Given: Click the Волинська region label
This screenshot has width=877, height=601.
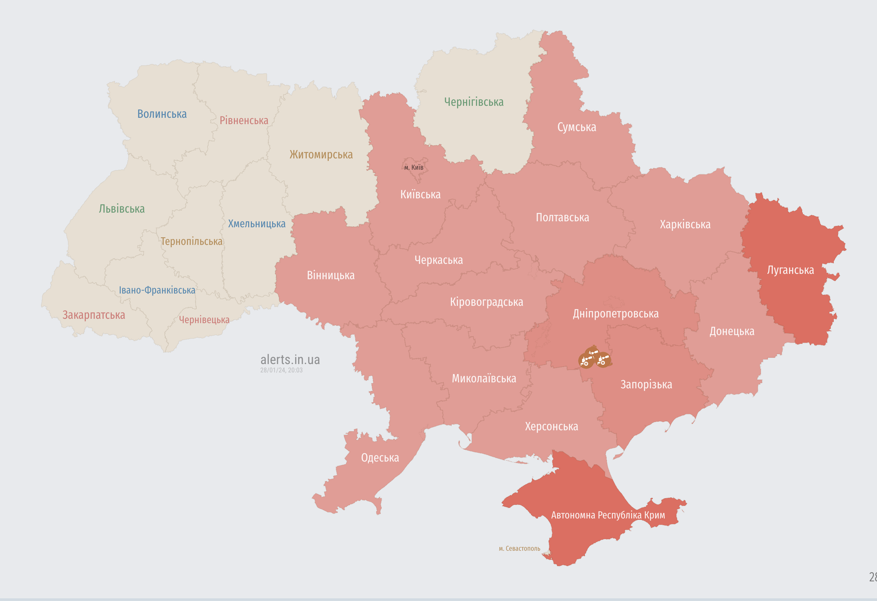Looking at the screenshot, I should pos(162,114).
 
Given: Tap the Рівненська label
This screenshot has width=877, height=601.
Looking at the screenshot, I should pos(244,120).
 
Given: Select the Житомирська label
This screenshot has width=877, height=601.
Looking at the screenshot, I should pos(321,154).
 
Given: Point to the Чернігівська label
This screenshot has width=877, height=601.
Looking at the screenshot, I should pos(473,102).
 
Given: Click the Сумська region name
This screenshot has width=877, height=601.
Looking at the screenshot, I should pos(577,127).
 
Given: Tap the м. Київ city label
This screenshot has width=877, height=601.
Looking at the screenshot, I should pos(414,167).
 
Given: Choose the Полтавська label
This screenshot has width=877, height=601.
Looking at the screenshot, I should pos(562,217).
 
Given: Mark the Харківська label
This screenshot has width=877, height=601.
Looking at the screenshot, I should pos(685,225).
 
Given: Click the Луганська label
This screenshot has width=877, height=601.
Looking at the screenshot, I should pos(790,270).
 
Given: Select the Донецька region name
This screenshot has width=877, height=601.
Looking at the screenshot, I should pos(732,331).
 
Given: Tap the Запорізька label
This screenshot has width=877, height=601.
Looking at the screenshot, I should pos(646,385).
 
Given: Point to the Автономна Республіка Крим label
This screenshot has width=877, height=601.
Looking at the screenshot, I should pos(608,515).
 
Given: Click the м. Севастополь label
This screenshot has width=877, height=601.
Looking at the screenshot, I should pos(519,548).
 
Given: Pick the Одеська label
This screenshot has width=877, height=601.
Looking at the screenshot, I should pos(380,458).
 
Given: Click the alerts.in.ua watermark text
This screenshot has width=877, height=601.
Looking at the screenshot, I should pos(290,359).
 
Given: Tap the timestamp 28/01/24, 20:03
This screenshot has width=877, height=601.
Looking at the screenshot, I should pos(281,370).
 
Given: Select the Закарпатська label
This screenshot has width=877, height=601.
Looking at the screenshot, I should pos(93,315).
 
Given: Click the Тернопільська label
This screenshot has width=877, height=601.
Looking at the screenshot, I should pos(191,241).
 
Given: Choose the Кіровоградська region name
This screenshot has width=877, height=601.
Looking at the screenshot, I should pos(486,302).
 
